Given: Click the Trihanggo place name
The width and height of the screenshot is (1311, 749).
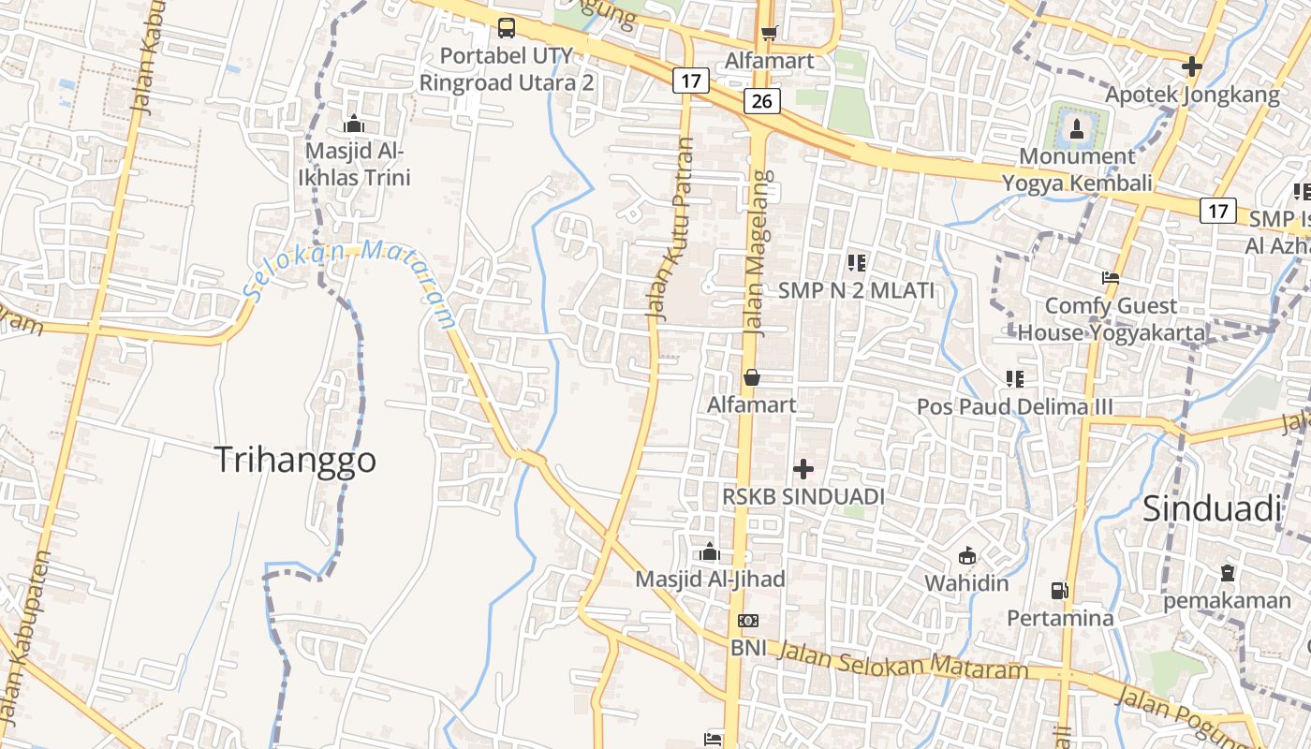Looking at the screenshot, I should pos(295,460).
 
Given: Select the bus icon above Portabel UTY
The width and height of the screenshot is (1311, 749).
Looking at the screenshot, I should pos(507,28).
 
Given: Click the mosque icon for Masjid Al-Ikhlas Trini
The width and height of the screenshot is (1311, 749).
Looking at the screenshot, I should pos(353,124).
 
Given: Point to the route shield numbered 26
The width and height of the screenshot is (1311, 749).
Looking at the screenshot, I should pos(762,101).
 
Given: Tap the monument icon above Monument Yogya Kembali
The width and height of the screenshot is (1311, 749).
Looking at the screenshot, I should pos(1076,127).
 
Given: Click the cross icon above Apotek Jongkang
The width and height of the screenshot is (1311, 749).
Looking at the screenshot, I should pos(1191,66).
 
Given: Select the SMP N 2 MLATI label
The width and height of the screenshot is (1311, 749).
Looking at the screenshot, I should pos(856,290).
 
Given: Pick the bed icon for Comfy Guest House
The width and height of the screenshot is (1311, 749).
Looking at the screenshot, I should pos(1111,278).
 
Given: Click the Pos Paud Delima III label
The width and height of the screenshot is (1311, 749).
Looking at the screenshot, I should pos(1014,407).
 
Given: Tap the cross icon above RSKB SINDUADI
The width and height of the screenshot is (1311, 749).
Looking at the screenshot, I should pos(803,468).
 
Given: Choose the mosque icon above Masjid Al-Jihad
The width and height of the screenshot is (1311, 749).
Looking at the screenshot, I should pos(710,551).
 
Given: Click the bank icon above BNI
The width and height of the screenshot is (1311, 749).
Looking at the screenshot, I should pos(747,620).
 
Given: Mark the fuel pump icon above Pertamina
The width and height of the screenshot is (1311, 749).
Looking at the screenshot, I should pos(1059,591).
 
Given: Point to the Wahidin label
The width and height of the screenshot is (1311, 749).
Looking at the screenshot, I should pos(966,583).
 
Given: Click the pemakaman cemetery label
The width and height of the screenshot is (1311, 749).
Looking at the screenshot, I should pos(1227,601).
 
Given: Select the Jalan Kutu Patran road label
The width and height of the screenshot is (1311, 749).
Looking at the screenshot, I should pos(671,229).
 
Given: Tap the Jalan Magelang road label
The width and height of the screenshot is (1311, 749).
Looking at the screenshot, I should pos(758,253).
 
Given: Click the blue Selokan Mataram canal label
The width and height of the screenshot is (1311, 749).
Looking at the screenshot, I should pos(351,281).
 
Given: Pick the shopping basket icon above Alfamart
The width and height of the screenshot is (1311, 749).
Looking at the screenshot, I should pos(751,377).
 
